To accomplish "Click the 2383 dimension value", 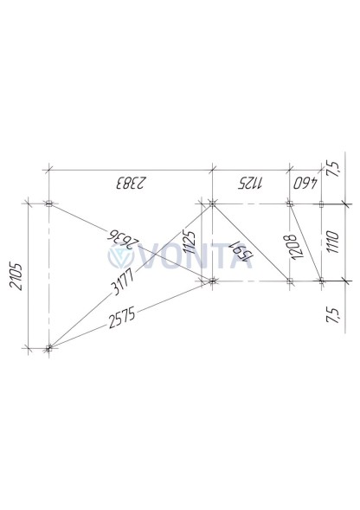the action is (130, 183).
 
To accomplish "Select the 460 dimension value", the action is (305, 184).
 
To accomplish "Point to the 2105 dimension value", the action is (16, 276).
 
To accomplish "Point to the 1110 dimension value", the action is (332, 242).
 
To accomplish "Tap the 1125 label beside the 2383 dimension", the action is (250, 184).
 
